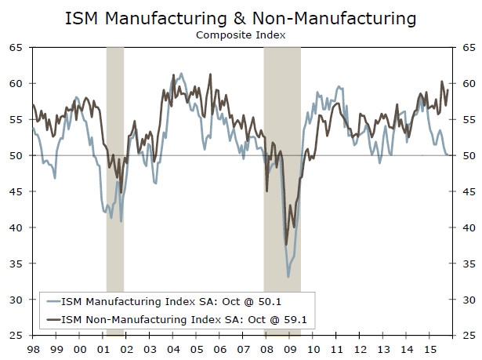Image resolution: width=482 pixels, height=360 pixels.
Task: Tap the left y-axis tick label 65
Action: pos(15,47)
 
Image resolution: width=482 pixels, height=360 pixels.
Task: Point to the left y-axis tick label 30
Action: pos(15,300)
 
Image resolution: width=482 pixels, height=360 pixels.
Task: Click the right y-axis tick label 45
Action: pos(466,192)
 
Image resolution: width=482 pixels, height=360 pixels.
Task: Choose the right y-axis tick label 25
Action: pos(466,336)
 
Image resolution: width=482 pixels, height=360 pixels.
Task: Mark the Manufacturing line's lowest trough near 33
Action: pos(288,276)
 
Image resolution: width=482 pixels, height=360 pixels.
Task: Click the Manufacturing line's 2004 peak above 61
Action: pos(182,74)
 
